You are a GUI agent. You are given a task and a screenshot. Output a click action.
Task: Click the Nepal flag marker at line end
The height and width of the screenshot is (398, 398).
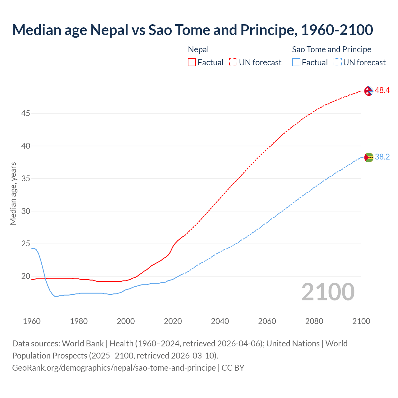click(368, 91)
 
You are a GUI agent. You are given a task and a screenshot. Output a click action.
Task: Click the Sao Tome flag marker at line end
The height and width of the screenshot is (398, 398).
click(368, 157)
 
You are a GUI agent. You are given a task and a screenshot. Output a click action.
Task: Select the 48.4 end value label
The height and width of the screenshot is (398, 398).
click(382, 90)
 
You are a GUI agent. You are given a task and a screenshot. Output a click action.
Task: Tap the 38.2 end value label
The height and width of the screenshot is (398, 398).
click(382, 157)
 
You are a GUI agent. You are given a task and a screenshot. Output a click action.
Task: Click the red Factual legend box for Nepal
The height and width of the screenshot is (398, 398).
click(192, 62)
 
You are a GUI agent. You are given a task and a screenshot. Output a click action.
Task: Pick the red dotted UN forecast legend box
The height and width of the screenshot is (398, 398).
click(233, 62)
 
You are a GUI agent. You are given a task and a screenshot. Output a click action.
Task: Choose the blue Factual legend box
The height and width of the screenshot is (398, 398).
click(296, 62)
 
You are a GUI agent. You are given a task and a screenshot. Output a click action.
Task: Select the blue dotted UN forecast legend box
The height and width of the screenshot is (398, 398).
click(338, 62)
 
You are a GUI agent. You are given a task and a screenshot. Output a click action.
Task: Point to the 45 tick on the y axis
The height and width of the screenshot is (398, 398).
click(25, 113)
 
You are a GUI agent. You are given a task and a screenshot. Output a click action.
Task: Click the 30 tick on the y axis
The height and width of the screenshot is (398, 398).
click(25, 211)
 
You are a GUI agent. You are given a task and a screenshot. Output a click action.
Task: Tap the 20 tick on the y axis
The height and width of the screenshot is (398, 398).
click(25, 276)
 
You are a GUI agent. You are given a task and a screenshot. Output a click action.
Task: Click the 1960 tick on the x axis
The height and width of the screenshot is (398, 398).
click(32, 321)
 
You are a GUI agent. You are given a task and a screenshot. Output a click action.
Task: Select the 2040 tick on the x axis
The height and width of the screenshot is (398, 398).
click(220, 321)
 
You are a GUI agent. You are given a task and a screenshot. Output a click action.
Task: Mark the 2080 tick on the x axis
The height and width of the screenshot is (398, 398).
click(314, 321)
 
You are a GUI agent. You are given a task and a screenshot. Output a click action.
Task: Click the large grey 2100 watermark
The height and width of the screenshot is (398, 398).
click(328, 292)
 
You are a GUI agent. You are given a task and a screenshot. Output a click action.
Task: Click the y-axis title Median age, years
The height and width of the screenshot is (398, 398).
click(13, 193)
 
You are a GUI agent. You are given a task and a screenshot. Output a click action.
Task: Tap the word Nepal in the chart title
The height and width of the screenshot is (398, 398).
click(109, 30)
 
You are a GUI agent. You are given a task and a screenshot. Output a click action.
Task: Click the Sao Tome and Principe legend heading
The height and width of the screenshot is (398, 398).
click(331, 49)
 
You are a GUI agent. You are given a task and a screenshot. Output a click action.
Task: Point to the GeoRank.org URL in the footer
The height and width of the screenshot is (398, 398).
click(114, 368)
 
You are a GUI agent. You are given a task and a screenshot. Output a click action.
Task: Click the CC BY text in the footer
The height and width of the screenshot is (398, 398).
click(233, 368)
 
